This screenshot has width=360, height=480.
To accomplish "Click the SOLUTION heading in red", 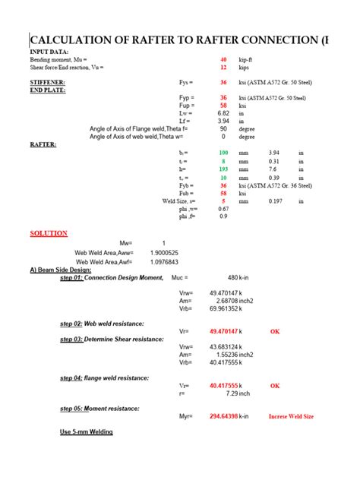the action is coord(49,233).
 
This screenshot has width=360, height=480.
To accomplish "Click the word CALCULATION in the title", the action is coord(74,40).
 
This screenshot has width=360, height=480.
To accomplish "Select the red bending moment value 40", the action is coord(223,58).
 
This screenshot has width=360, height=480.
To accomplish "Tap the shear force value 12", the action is coord(223,67).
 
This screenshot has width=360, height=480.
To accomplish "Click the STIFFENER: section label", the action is coord(47,81).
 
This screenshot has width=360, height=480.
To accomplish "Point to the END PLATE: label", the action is coord(48,90).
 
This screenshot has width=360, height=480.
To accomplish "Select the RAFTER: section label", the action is coord(43,144).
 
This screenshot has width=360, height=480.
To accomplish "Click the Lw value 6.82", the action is coord(223,113).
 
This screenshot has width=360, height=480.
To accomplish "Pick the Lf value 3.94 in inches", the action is coord(223,121).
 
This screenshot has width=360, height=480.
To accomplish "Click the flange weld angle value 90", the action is coord(223,129).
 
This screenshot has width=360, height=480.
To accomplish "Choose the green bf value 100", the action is coord(223,153).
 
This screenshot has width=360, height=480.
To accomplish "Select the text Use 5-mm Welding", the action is coord(87,432).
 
